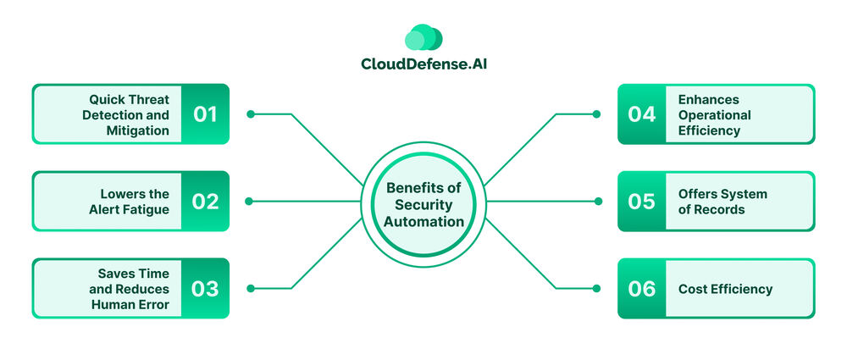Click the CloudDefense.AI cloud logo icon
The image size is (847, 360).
point(423,37)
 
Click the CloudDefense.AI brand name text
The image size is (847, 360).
point(423,64)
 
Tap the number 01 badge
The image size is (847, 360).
point(205,114)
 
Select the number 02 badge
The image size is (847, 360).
point(205,202)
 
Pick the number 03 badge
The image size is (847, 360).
point(205,288)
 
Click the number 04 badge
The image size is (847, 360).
point(642,114)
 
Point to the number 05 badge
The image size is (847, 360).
point(642,202)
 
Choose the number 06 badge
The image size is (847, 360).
point(642,288)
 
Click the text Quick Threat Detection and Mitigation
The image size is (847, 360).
point(125,114)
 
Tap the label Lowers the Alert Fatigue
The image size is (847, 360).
point(131,202)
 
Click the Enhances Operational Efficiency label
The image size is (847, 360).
point(714,114)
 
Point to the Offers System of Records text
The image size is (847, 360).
point(722,202)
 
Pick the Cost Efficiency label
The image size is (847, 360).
point(725,289)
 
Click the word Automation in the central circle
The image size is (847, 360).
point(424,222)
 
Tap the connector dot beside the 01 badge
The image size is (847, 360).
point(251,114)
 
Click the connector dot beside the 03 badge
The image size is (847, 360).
point(251,288)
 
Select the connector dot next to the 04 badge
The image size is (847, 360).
point(596,114)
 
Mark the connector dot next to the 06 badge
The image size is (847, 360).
point(596,288)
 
